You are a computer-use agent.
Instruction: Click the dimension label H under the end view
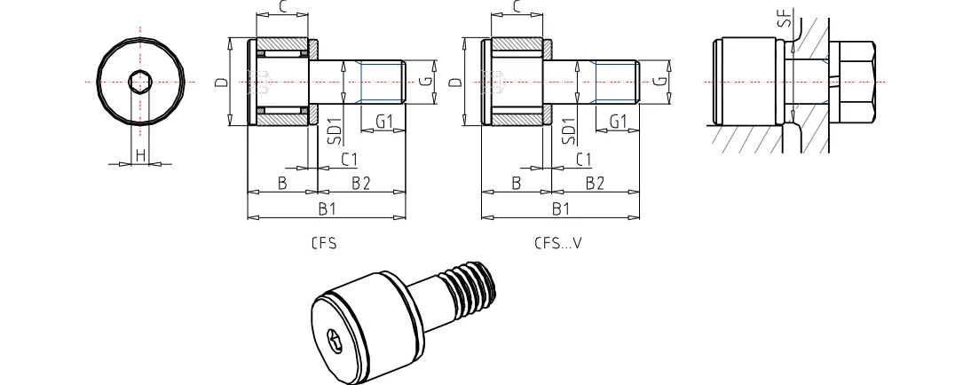(139, 156)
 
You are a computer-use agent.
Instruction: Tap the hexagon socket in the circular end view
(139, 82)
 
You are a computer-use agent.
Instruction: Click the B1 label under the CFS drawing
(326, 208)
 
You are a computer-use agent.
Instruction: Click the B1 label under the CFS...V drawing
(560, 208)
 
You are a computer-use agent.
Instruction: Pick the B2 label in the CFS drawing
(360, 183)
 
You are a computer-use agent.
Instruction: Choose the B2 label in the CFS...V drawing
(595, 183)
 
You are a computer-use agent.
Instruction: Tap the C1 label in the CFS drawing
(349, 159)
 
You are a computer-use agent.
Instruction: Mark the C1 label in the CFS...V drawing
(583, 159)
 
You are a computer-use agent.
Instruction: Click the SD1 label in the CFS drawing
(334, 130)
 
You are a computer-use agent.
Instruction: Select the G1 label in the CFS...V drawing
(619, 121)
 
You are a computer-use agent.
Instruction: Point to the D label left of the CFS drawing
(220, 82)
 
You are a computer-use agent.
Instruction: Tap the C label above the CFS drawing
(281, 7)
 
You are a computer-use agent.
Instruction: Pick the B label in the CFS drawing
(281, 183)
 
